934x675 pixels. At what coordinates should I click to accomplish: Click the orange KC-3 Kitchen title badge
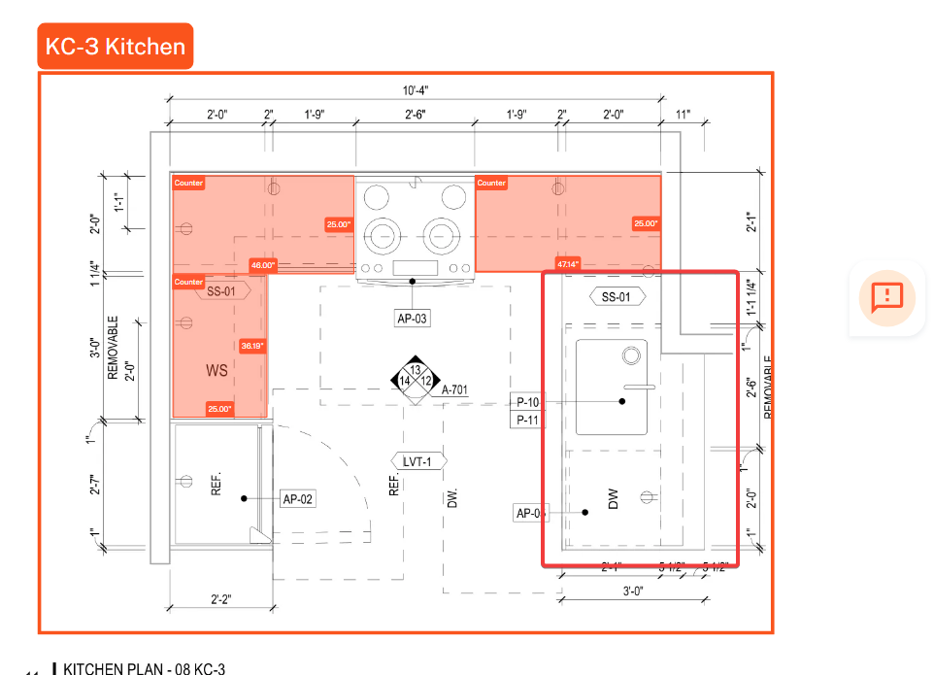[116, 46]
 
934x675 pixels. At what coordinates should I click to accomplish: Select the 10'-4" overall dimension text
[416, 90]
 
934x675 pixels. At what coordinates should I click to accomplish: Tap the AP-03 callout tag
[413, 318]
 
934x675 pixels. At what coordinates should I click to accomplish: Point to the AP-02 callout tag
[298, 499]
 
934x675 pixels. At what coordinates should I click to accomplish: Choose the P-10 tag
[528, 402]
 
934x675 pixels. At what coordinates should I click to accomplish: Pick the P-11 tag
[528, 420]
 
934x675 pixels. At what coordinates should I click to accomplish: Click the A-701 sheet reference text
[454, 389]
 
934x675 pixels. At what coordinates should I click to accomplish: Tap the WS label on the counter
[217, 370]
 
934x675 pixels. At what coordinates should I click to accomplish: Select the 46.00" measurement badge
[262, 264]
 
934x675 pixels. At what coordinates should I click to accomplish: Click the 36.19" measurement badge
[252, 345]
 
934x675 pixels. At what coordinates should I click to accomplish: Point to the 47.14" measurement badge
[568, 264]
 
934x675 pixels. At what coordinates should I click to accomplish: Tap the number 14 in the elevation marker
[405, 381]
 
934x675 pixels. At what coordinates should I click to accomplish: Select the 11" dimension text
[684, 115]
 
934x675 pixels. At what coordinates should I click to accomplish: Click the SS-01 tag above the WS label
[221, 289]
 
